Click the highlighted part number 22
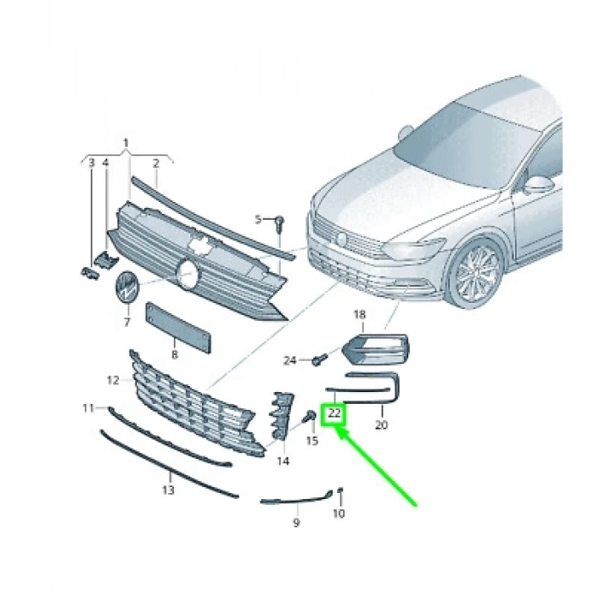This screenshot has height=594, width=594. [x=334, y=413]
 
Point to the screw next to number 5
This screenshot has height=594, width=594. [x=277, y=222]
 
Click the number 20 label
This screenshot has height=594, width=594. [x=380, y=424]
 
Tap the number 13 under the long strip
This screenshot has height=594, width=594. [x=168, y=490]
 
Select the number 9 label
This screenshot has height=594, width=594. [x=296, y=524]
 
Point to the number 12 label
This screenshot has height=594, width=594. [x=114, y=380]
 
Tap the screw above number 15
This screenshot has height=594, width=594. [x=311, y=417]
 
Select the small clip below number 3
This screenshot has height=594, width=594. [x=87, y=272]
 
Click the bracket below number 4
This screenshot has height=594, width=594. [x=104, y=260]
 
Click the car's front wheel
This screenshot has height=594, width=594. [x=476, y=274]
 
